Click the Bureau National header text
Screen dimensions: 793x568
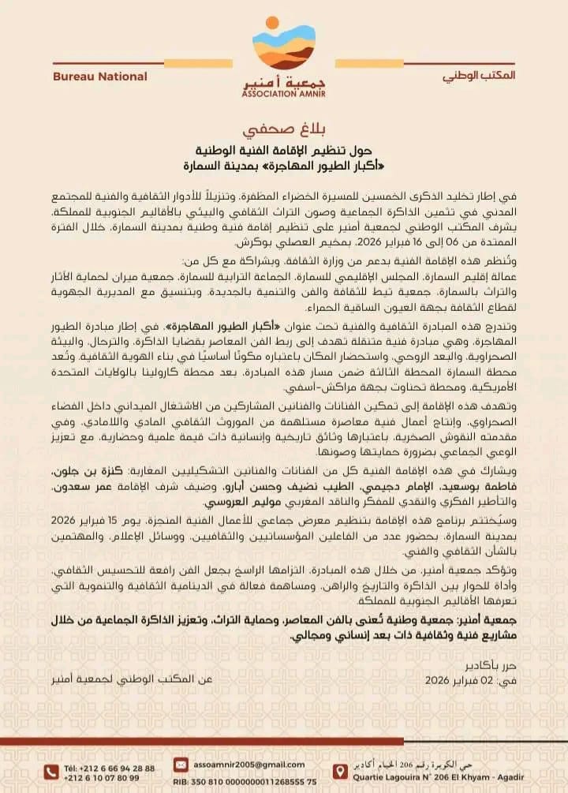pyautogui.click(x=99, y=77)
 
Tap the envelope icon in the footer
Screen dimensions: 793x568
pyautogui.click(x=181, y=764)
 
